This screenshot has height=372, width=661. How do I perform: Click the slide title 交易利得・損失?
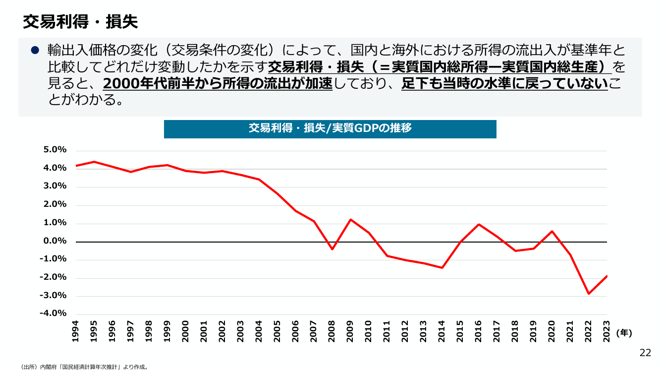tap(80, 22)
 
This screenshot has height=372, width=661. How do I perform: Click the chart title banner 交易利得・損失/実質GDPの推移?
tap(330, 129)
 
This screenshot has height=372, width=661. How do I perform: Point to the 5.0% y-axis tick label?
tap(55, 150)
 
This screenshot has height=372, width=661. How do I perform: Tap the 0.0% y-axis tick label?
tap(55, 241)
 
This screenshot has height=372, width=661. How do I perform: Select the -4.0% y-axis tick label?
tap(53, 313)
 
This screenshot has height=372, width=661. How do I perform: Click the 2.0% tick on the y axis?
tap(55, 204)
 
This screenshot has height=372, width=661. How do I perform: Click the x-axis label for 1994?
tap(75, 331)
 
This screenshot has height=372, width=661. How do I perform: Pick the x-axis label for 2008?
tap(331, 331)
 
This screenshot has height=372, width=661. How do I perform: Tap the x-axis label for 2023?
tap(606, 331)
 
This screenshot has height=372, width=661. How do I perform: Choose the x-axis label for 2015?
tap(460, 331)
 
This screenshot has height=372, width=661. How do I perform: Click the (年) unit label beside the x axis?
tap(624, 333)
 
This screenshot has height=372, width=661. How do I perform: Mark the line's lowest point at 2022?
tap(589, 294)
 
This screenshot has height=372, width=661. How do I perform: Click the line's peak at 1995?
tap(94, 162)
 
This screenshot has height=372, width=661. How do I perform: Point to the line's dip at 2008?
tap(332, 249)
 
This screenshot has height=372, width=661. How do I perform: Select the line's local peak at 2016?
tap(479, 224)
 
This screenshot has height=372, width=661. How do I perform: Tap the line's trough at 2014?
tap(442, 268)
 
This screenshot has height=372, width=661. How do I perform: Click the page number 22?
tap(645, 353)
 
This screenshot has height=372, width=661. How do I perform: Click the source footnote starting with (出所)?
tap(84, 367)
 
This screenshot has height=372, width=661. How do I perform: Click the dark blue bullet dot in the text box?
tap(35, 50)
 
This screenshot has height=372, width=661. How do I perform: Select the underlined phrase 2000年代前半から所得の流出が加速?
tap(218, 84)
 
